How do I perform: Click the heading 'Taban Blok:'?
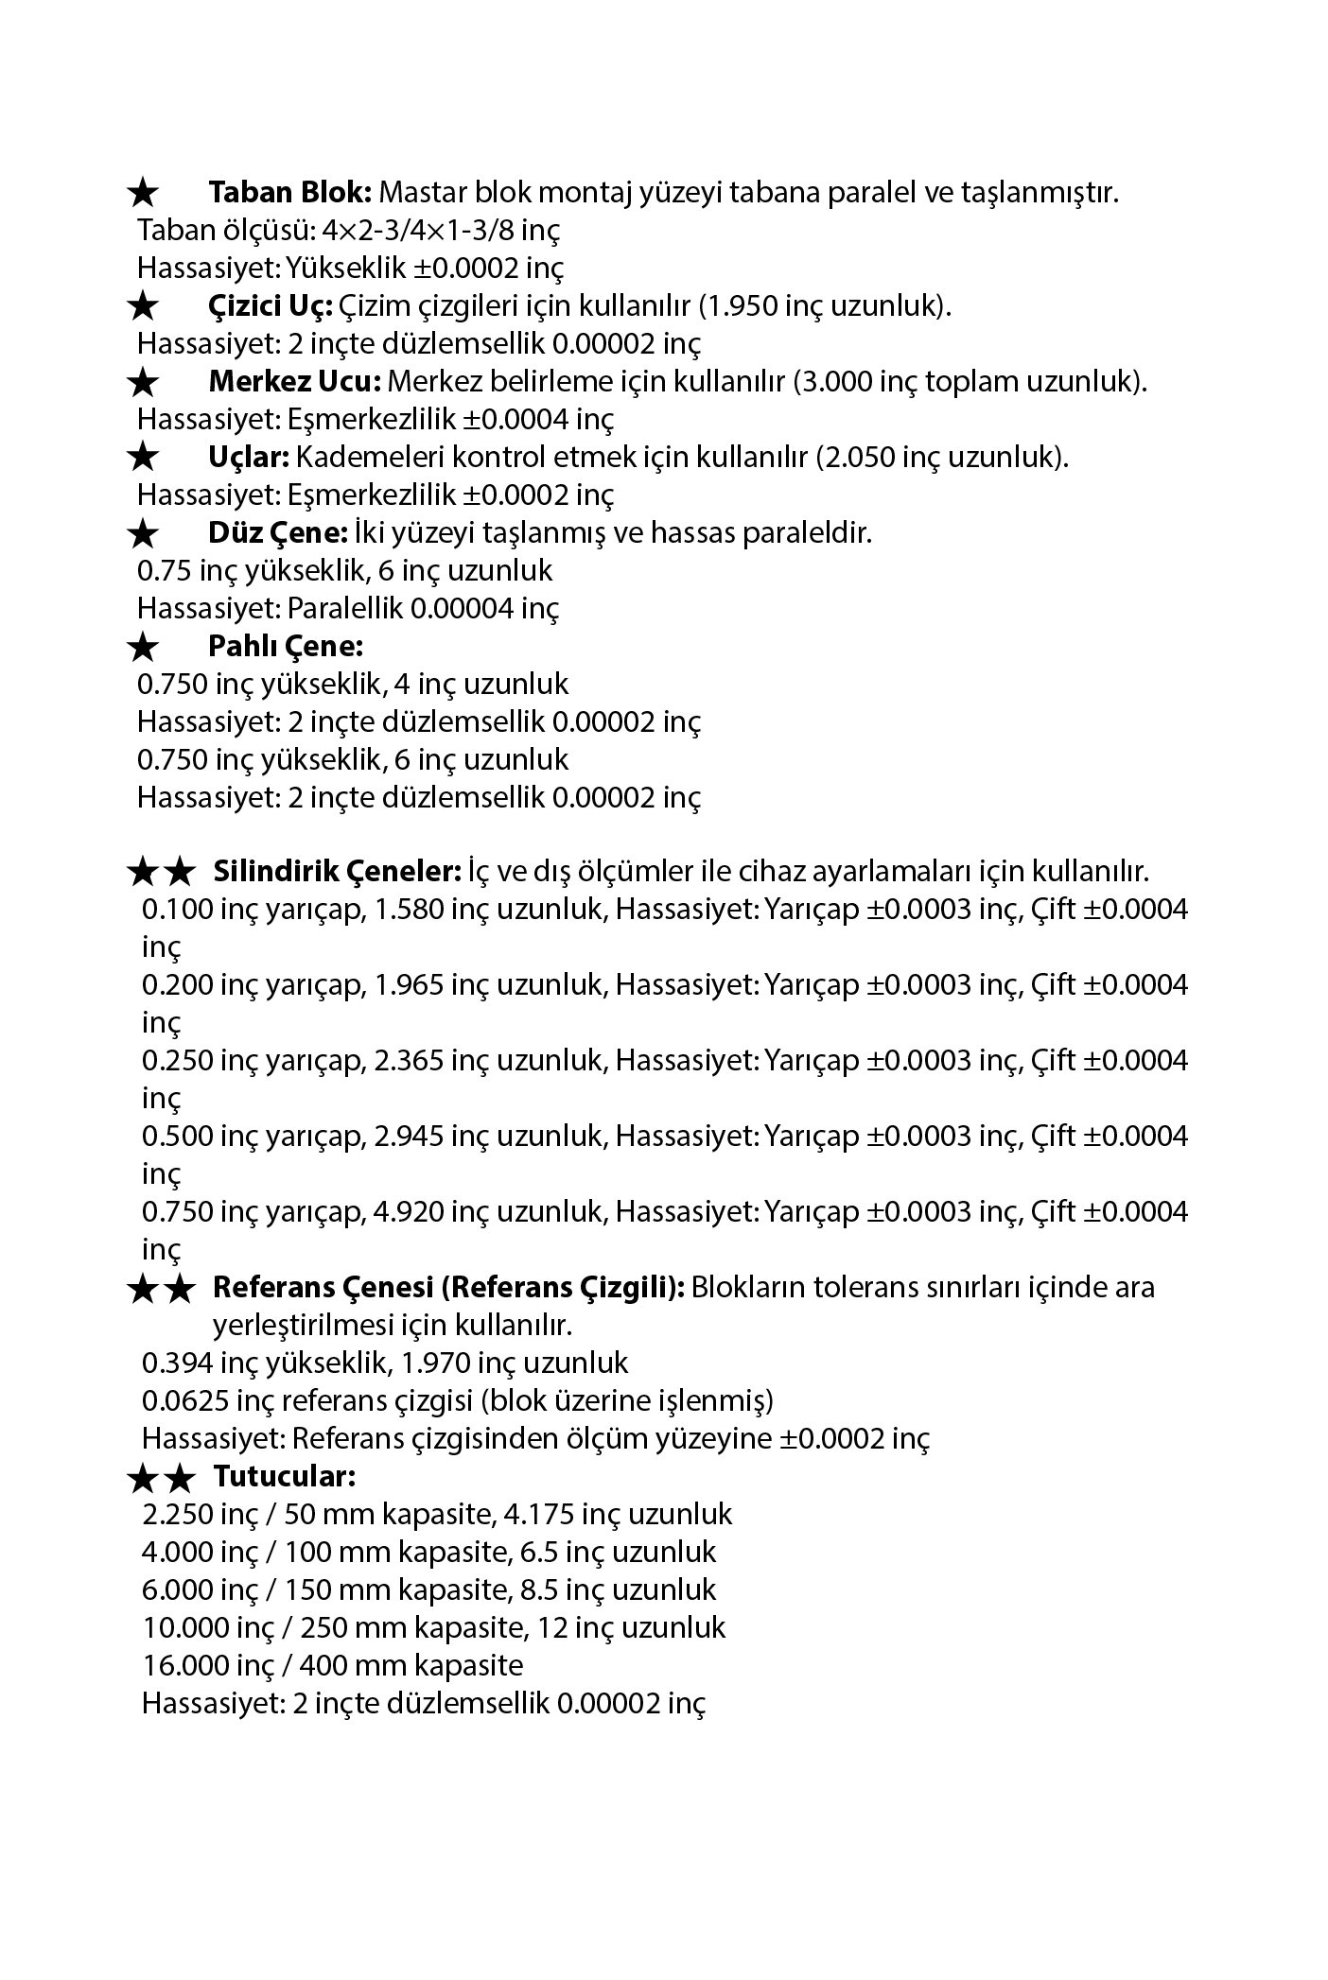pyautogui.click(x=290, y=193)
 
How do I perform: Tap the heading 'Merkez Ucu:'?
pyautogui.click(x=294, y=382)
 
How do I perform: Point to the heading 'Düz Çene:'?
pyautogui.click(x=279, y=533)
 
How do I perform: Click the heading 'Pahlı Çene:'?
pyautogui.click(x=286, y=647)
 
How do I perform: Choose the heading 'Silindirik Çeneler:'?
pyautogui.click(x=337, y=870)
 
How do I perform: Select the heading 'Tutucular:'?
pyautogui.click(x=285, y=1475)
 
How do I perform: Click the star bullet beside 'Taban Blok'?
pyautogui.click(x=143, y=194)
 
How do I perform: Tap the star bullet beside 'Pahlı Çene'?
pyautogui.click(x=143, y=648)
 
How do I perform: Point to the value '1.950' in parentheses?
pyautogui.click(x=741, y=306)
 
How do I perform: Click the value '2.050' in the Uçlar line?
pyautogui.click(x=857, y=458)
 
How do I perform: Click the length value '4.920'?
pyautogui.click(x=410, y=1212)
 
